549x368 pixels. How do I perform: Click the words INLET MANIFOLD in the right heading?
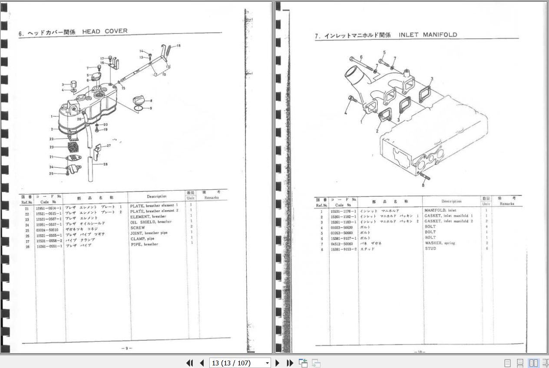(428, 35)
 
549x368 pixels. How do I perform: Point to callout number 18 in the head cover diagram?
(179, 46)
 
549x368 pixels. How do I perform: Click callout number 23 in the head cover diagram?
(51, 147)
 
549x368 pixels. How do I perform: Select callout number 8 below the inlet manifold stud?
(423, 185)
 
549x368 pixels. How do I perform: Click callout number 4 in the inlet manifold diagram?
(346, 113)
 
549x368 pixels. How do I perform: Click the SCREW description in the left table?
(138, 228)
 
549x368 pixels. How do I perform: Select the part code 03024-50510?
(47, 230)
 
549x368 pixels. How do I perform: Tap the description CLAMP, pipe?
(142, 239)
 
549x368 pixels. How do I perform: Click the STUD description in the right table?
(430, 249)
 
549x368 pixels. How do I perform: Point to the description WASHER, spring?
(440, 243)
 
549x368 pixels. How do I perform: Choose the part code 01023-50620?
(341, 227)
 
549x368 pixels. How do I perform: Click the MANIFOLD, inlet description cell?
(440, 210)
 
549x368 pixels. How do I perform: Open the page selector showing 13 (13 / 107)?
(240, 363)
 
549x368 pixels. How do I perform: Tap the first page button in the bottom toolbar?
(189, 363)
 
